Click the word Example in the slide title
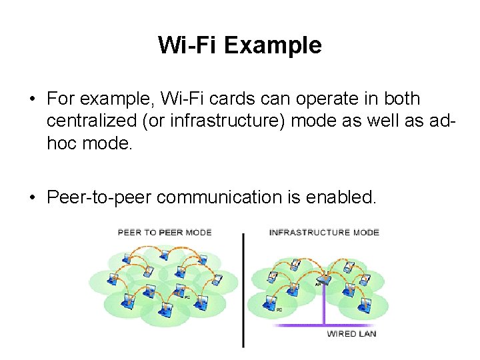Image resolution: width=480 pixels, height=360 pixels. point(273,45)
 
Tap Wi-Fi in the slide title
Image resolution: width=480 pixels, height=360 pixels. point(188,45)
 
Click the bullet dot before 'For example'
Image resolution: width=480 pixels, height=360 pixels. point(31,99)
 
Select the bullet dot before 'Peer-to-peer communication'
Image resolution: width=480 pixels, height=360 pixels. point(31,197)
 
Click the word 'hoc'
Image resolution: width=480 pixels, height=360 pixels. point(62,143)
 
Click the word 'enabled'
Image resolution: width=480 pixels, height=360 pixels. point(339,197)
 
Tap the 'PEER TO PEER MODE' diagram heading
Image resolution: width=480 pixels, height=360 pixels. point(165,233)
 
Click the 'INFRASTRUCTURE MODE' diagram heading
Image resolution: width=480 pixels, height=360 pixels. point(324,233)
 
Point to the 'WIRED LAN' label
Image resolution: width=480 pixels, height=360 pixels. point(351,334)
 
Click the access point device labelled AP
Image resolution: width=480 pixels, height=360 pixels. point(325,278)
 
